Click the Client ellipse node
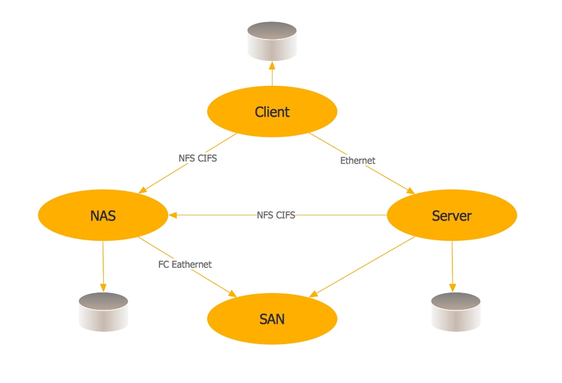point(272,112)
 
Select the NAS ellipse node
point(103,216)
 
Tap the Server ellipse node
point(451,216)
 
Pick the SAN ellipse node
point(272,319)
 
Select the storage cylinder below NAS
point(103,312)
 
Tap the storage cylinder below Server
point(456,312)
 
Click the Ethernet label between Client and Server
point(357,160)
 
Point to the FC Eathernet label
point(185,265)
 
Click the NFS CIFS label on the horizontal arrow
point(275,215)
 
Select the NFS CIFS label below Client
point(198,158)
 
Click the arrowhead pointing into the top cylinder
point(272,64)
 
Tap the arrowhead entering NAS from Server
point(173,215)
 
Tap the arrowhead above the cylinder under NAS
point(103,287)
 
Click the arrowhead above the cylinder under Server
point(452,287)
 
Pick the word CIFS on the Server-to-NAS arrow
point(285,215)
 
